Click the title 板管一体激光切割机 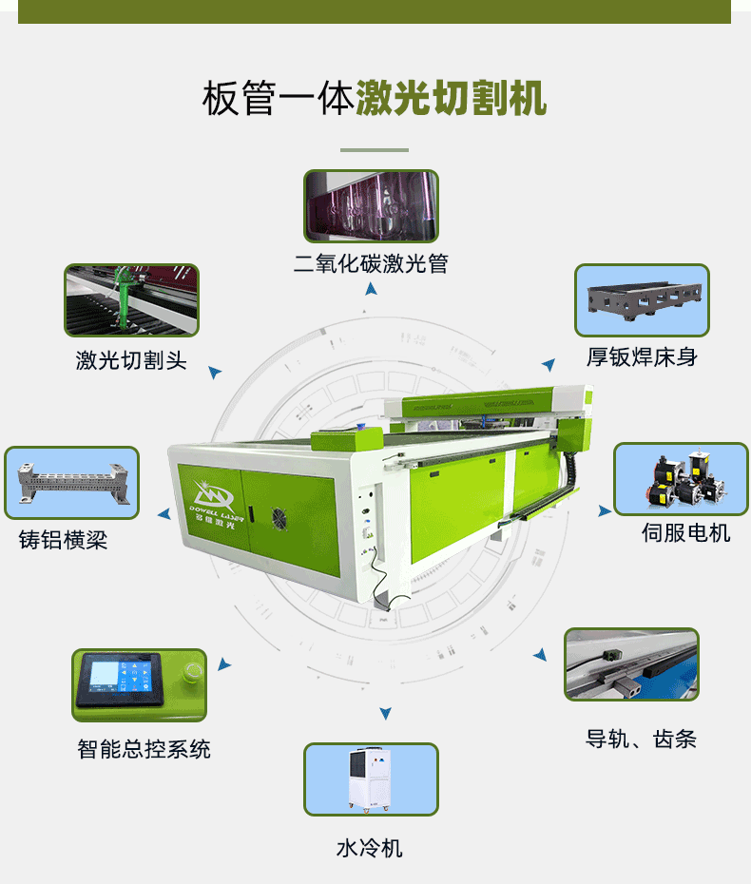375,98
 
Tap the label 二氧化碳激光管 371,263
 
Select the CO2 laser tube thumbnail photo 371,206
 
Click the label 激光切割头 131,360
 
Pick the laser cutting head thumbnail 131,300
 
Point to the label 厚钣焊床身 642,357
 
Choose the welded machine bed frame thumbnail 642,300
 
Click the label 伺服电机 685,533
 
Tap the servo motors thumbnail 681,479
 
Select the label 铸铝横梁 64,540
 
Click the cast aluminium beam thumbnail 71,483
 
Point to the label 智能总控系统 144,749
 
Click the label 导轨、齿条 641,739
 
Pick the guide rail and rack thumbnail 631,664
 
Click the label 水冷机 370,847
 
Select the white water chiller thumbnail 371,779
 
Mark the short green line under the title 375,150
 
